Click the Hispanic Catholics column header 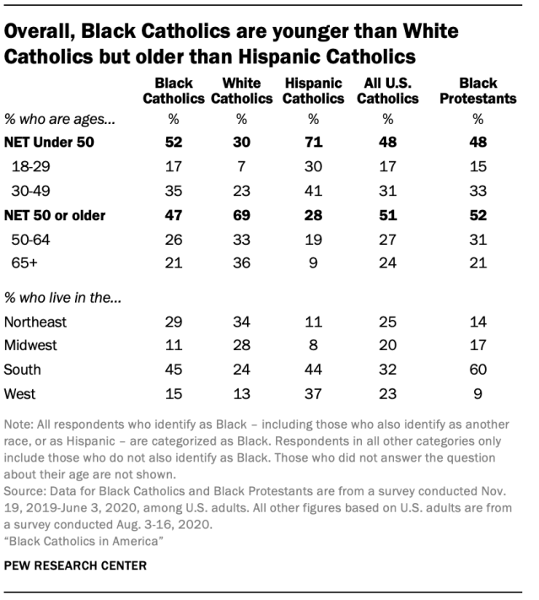click(314, 91)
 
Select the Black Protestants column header click(477, 91)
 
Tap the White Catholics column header click(241, 91)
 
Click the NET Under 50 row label click(49, 143)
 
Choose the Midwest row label click(31, 346)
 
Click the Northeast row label click(35, 322)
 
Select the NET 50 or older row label click(55, 215)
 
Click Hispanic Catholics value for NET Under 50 click(314, 143)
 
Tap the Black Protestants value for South click(477, 370)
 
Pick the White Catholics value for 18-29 click(241, 167)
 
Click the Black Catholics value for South click(174, 370)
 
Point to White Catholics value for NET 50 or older click(241, 215)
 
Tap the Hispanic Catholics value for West click(314, 393)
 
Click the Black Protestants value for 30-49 click(477, 191)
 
